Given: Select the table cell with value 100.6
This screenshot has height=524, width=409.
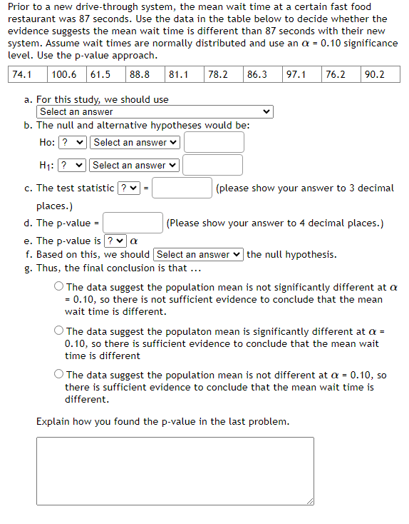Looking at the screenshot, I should (x=66, y=74).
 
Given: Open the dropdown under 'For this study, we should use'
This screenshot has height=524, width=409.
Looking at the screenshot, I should (x=155, y=112).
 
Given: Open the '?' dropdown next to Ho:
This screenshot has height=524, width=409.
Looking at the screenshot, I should (x=73, y=142).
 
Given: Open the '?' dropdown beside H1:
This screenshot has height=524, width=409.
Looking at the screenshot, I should (x=72, y=165).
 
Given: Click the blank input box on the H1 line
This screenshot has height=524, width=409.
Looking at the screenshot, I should (x=212, y=165).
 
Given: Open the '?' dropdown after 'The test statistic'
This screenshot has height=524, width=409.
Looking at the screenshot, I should (x=128, y=188).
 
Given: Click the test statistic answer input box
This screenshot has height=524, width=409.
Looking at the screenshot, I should (x=181, y=188).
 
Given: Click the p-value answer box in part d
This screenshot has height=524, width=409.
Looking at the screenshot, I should (x=136, y=223).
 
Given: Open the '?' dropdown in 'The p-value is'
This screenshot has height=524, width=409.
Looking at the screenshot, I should (x=116, y=241).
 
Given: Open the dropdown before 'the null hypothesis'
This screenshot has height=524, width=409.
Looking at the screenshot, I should (x=198, y=254).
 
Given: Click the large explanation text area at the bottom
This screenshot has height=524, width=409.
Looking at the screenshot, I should (x=175, y=470).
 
